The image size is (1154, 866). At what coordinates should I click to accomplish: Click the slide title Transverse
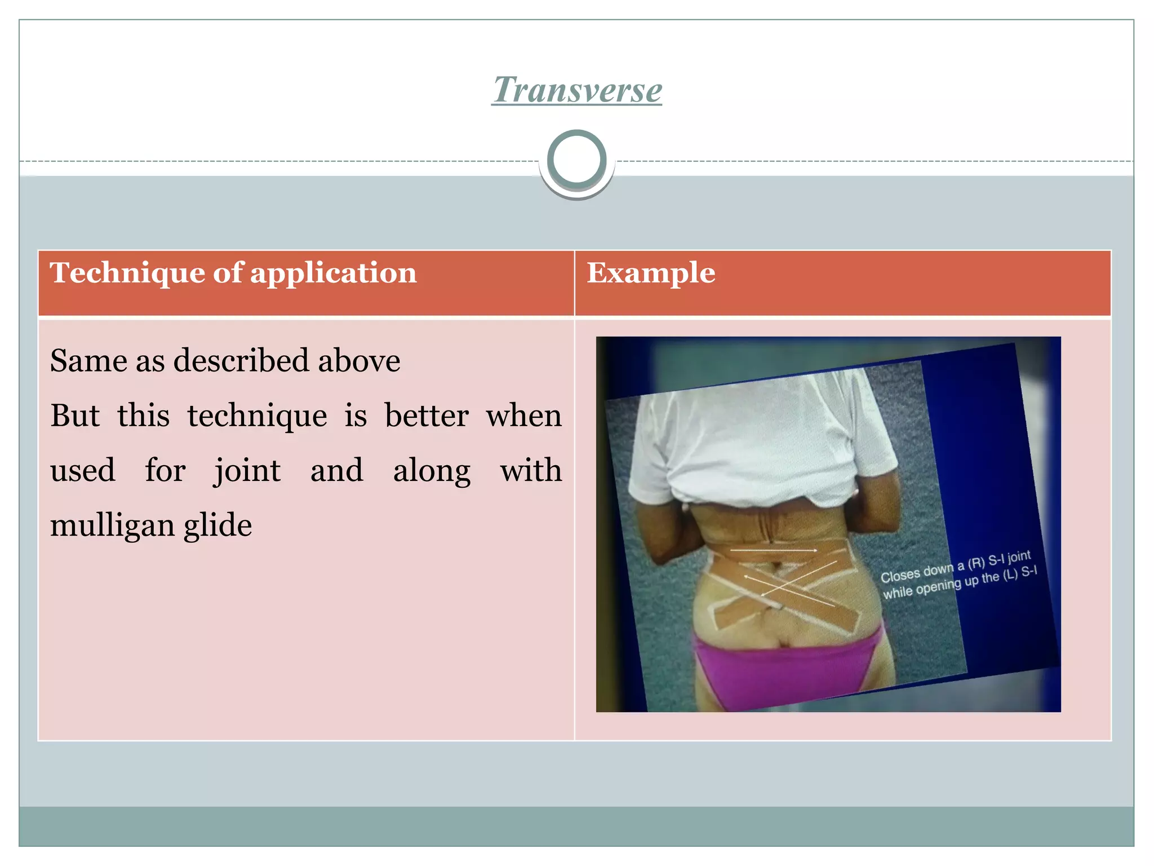576,90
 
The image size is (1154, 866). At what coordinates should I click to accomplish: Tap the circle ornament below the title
576,160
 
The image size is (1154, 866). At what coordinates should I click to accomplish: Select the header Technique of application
233,273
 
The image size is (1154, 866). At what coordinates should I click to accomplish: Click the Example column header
651,273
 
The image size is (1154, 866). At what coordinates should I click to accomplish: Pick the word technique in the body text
257,416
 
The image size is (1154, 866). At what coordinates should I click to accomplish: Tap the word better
427,416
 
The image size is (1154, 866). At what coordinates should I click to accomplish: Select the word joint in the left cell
247,471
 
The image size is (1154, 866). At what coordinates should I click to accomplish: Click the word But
75,416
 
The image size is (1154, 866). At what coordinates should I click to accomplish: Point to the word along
432,471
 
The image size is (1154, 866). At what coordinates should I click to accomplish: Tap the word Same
88,361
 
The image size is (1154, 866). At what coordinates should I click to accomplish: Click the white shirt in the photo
761,440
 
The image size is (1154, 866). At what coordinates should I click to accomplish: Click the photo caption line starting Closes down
956,566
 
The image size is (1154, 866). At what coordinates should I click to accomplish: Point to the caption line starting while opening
960,584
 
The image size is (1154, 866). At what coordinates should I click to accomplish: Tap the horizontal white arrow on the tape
774,549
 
